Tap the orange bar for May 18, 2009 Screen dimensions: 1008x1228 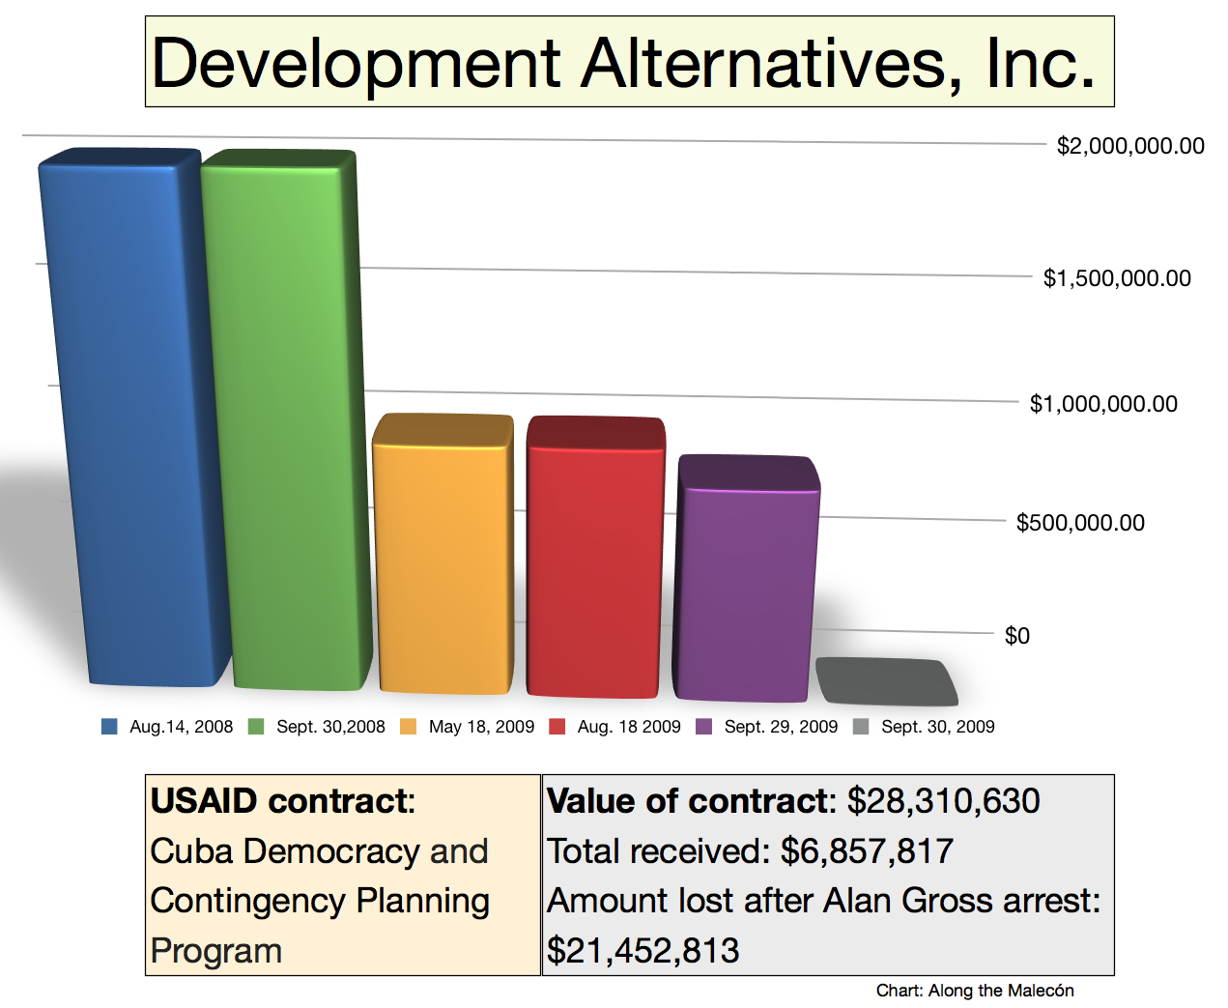click(443, 556)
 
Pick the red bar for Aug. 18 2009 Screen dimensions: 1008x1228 click(594, 561)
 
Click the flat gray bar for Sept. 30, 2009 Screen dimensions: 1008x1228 click(886, 681)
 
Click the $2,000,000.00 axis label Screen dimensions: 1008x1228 click(1130, 146)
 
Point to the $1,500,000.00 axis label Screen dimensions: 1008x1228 click(1117, 278)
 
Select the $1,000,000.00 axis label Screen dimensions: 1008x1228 click(1103, 404)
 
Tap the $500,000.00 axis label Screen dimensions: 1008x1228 click(1080, 523)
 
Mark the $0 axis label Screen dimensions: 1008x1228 click(1017, 636)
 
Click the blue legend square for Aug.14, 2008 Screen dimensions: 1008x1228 click(109, 727)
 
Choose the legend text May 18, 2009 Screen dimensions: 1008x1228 click(481, 727)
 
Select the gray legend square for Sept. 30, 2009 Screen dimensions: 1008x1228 click(861, 727)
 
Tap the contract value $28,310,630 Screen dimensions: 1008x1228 click(943, 801)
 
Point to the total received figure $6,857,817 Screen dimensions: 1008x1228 click(867, 851)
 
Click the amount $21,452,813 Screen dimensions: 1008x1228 click(643, 951)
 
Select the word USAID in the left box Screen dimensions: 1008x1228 click(204, 801)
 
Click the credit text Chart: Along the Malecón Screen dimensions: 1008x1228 click(975, 991)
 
